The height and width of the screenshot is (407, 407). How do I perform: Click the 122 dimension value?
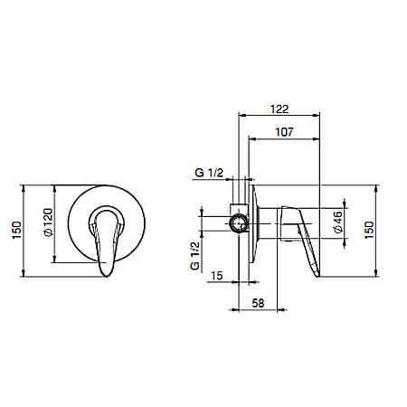[x=279, y=109]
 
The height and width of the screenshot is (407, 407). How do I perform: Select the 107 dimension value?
[x=284, y=132]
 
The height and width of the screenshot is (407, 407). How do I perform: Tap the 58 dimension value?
[x=258, y=303]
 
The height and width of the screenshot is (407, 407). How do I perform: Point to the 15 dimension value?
[x=216, y=276]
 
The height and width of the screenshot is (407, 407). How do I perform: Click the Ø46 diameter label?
[x=338, y=222]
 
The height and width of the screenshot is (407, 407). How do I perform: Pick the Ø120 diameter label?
[x=48, y=222]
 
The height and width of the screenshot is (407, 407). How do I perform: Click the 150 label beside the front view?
[x=17, y=230]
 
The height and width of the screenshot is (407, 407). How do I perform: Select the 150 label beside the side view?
[x=369, y=230]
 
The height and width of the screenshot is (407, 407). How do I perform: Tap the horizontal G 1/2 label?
[x=209, y=173]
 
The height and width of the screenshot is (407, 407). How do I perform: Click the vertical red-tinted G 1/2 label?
[x=195, y=256]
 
